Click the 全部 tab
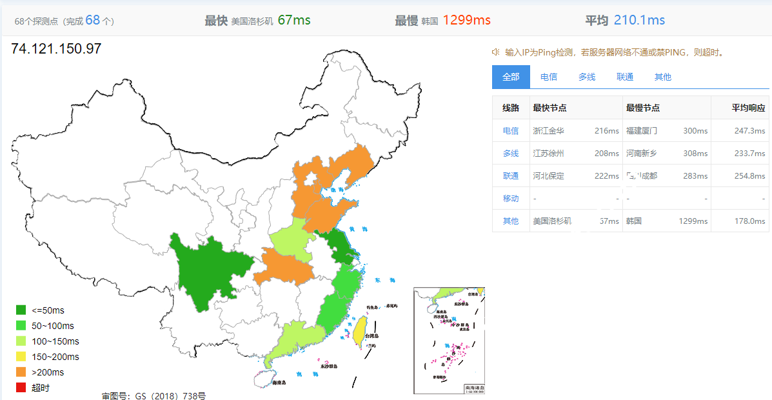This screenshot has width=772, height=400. (511, 77)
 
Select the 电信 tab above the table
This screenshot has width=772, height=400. (549, 77)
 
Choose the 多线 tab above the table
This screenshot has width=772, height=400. (587, 77)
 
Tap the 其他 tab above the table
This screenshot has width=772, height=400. (662, 77)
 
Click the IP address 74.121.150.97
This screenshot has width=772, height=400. (56, 49)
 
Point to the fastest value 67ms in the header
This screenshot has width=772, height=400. (294, 20)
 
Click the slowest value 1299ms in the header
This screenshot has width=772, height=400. (466, 20)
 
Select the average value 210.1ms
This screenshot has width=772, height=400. (639, 20)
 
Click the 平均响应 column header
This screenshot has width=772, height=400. (748, 108)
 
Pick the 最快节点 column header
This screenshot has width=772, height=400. (549, 108)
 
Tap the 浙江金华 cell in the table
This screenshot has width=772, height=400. (548, 130)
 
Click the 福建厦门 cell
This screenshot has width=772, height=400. (642, 130)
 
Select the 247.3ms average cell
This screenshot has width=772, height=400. (749, 130)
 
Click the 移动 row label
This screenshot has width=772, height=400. (511, 198)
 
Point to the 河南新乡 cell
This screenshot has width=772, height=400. (642, 153)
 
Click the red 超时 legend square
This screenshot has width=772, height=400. (21, 388)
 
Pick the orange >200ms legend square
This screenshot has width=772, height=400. (21, 372)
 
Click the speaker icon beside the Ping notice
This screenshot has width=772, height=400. (496, 52)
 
